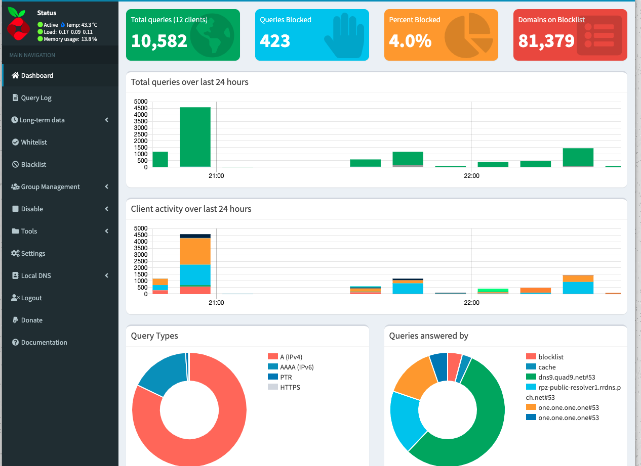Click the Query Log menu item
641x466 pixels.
pyautogui.click(x=36, y=98)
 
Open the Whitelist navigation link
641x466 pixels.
pyautogui.click(x=34, y=142)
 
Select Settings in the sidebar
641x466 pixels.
pyautogui.click(x=33, y=253)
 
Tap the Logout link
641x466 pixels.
pyautogui.click(x=31, y=298)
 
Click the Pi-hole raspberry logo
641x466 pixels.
pyautogui.click(x=19, y=25)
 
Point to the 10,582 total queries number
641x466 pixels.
pyautogui.click(x=159, y=41)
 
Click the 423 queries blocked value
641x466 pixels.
pyautogui.click(x=275, y=41)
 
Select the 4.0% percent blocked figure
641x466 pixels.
pyautogui.click(x=410, y=41)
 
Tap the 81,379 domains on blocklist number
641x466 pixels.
pyautogui.click(x=546, y=41)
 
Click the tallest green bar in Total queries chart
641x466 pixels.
pyautogui.click(x=195, y=136)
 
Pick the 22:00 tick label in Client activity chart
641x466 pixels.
pyautogui.click(x=471, y=303)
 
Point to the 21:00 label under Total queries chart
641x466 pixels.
pyautogui.click(x=216, y=176)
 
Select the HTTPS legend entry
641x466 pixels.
pyautogui.click(x=290, y=387)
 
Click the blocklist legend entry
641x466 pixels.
pyautogui.click(x=551, y=357)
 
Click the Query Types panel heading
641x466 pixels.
pyautogui.click(x=154, y=336)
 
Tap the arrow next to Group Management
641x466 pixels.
pyautogui.click(x=107, y=187)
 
